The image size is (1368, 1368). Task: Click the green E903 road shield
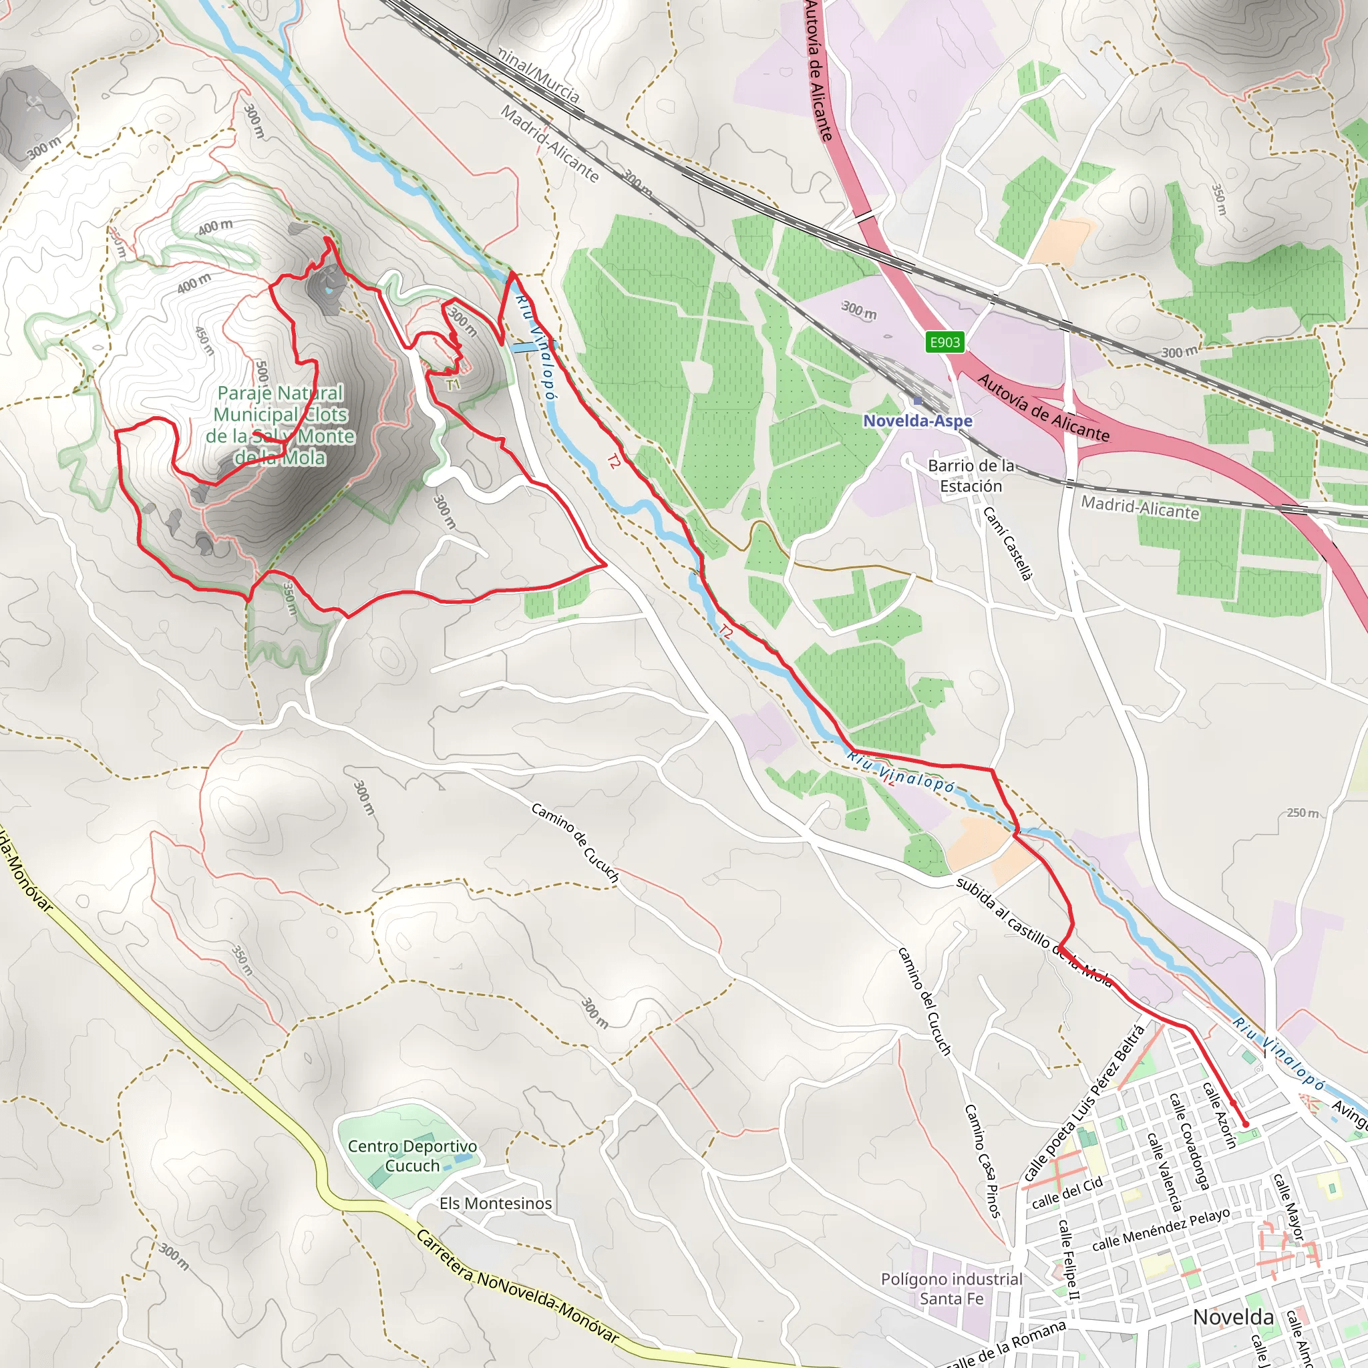tap(945, 343)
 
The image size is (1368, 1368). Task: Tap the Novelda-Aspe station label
tap(918, 421)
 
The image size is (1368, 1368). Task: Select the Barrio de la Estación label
tap(971, 476)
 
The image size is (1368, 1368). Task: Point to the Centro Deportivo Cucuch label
tap(412, 1156)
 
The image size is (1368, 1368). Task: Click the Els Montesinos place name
tap(496, 1203)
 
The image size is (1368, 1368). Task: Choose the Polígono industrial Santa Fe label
tap(952, 1289)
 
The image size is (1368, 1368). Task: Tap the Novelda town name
tap(1234, 1317)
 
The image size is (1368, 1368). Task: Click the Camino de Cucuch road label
tap(575, 842)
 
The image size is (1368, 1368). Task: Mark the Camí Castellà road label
tap(1007, 543)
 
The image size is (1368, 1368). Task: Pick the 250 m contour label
tap(1303, 813)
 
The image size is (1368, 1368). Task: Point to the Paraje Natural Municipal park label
tap(281, 425)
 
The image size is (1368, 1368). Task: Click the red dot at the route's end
tap(1246, 1124)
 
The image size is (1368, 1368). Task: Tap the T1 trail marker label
tap(453, 385)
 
